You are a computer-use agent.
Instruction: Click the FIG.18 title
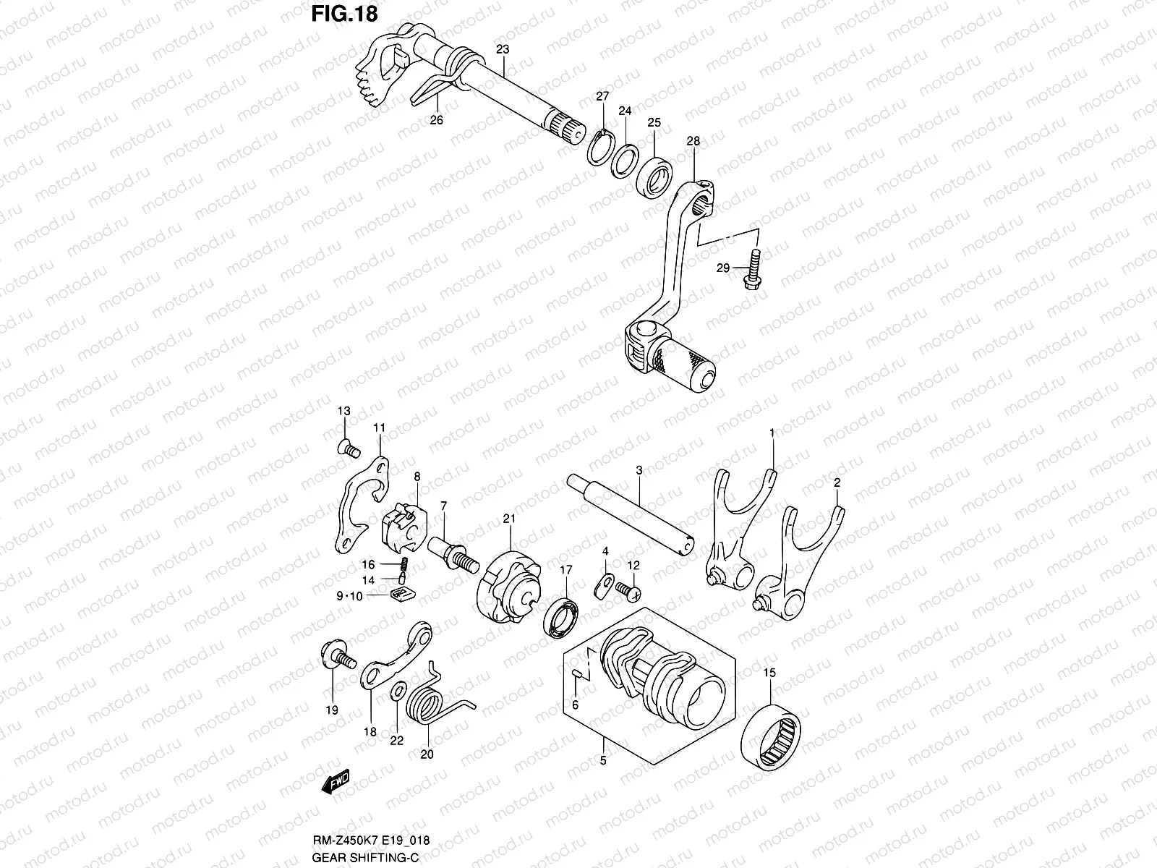344,14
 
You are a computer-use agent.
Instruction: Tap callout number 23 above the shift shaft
503,50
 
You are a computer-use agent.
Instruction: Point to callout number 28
693,141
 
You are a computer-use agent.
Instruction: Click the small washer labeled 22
397,691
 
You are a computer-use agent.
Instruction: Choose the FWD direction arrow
338,783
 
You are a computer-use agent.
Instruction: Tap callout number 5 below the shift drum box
603,760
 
